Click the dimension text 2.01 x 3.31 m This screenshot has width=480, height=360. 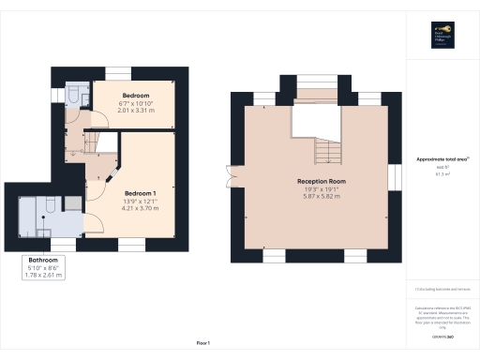[137, 109]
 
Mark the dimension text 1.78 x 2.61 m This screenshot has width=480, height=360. [44, 276]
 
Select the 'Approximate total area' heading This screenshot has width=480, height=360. [442, 158]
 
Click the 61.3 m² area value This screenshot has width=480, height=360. [442, 173]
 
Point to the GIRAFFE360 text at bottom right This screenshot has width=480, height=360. [442, 334]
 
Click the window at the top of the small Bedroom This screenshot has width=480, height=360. [118, 74]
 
